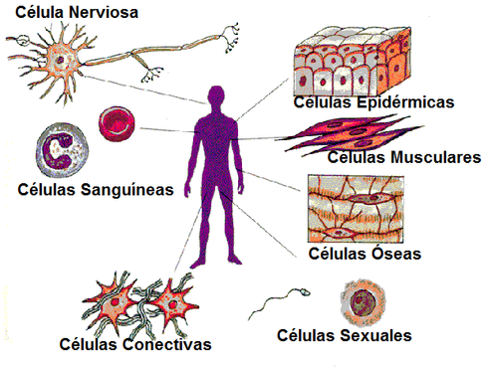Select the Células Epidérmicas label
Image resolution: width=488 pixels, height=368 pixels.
[373, 101]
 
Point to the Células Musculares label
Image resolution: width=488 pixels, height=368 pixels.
[403, 157]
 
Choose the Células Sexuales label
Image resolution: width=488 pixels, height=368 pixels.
[345, 336]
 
